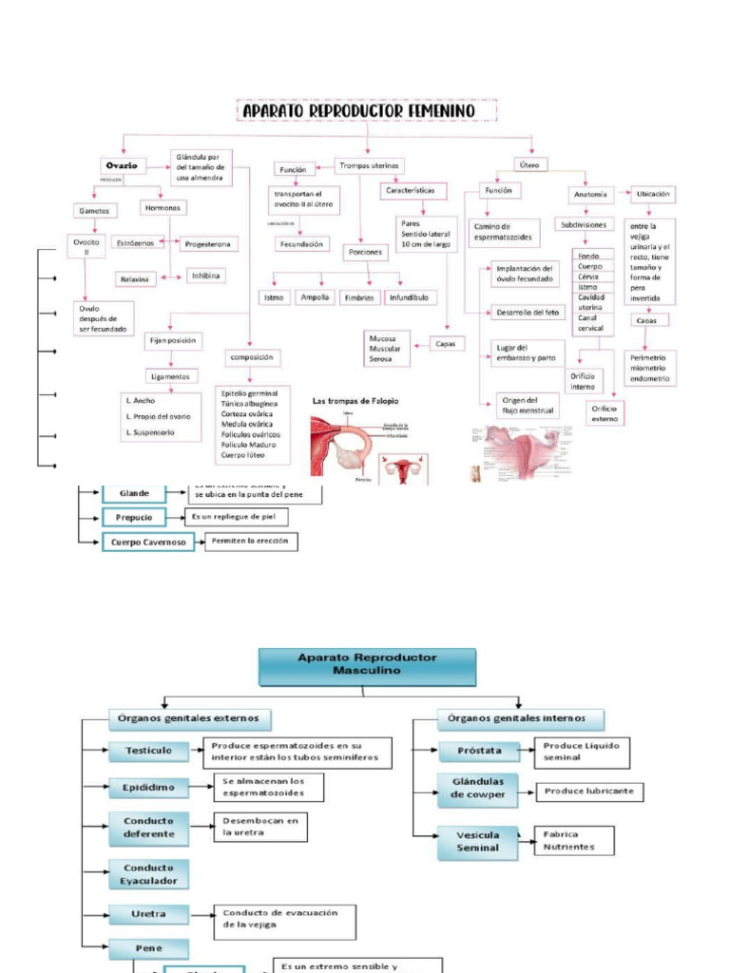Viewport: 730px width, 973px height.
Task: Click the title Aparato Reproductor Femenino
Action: (x=367, y=111)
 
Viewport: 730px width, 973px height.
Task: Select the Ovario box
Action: (x=121, y=165)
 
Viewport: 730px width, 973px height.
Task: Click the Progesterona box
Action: (x=207, y=244)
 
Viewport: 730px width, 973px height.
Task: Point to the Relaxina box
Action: (x=133, y=278)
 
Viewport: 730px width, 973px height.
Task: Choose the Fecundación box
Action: (x=301, y=244)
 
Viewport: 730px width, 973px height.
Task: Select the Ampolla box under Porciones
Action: (x=315, y=297)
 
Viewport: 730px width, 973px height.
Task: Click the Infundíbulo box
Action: (x=408, y=297)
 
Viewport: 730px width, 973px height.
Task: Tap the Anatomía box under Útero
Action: (x=589, y=194)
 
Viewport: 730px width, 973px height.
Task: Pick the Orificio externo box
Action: (x=604, y=412)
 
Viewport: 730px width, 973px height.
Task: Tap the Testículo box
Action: (x=148, y=751)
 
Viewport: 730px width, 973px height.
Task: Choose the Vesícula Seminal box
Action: (x=477, y=842)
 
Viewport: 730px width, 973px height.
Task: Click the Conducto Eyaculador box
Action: (x=148, y=873)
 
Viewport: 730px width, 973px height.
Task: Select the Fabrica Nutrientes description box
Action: (x=573, y=840)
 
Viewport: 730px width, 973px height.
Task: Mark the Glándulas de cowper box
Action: (x=477, y=789)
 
